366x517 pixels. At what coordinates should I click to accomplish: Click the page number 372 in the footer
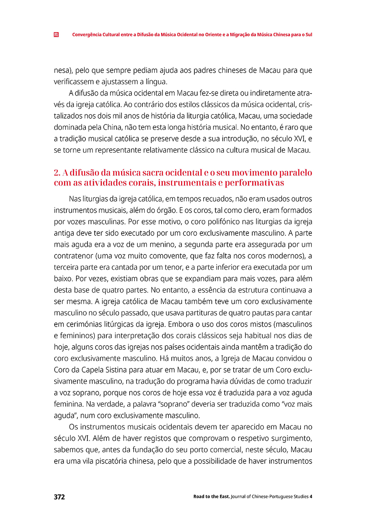coord(59,497)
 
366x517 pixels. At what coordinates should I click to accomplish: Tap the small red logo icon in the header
coord(56,34)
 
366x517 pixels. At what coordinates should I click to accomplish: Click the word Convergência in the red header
coord(87,34)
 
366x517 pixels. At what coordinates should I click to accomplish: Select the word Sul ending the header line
coord(309,34)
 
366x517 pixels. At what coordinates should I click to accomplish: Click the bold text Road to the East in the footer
coord(211,497)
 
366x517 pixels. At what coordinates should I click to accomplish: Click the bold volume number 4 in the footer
coord(311,497)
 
